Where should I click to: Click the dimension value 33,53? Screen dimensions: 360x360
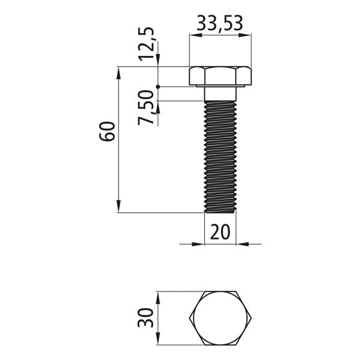point(220,23)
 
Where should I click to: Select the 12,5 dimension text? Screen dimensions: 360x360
point(146,44)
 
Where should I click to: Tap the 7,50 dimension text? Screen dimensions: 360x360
point(146,107)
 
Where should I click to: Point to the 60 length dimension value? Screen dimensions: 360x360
point(106,131)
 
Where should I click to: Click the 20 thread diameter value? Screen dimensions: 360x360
point(220,232)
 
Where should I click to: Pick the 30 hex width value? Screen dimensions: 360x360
point(145,318)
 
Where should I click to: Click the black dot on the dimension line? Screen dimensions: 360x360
point(158,87)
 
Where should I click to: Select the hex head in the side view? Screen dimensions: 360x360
point(220,77)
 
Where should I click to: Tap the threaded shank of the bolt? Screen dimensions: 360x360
point(220,157)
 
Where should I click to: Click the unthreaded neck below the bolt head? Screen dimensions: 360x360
point(220,94)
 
